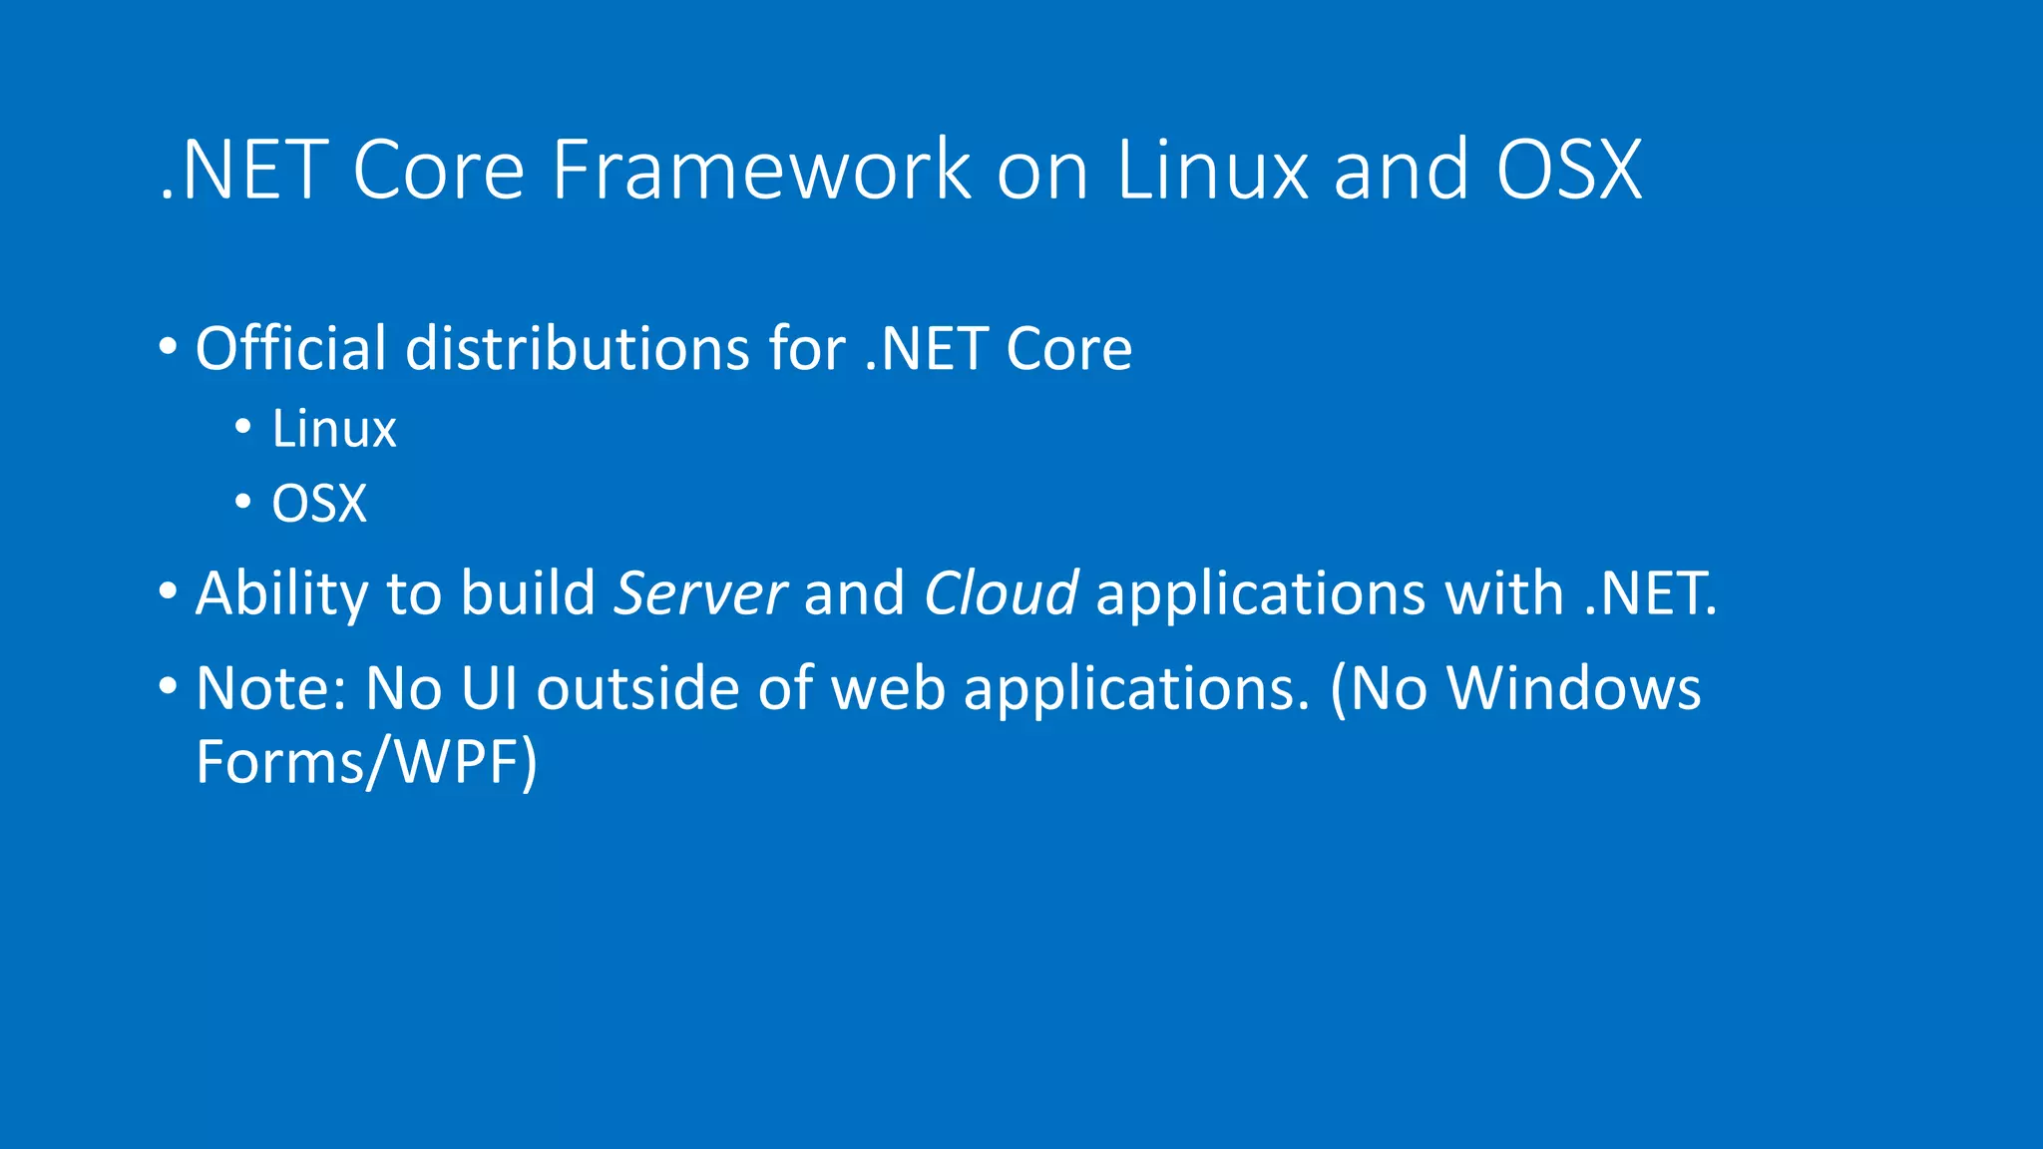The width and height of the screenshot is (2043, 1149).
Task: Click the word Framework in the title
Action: (x=761, y=170)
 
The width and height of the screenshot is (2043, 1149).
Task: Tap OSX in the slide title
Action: (x=1568, y=170)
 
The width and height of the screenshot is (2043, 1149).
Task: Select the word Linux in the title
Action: (x=1211, y=170)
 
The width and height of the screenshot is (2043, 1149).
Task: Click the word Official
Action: (x=290, y=348)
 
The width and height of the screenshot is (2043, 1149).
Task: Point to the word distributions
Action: (x=578, y=348)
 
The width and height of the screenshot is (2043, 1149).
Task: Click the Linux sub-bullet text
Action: (x=334, y=430)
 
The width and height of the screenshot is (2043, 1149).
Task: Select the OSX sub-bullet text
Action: (x=319, y=504)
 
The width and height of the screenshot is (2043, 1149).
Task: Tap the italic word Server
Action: (x=700, y=593)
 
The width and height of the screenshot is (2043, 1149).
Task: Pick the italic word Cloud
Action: (x=1001, y=593)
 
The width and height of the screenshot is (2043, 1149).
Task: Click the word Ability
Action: (x=282, y=593)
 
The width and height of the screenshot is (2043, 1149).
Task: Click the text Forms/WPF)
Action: (x=366, y=763)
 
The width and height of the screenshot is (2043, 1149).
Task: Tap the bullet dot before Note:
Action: (x=168, y=687)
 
